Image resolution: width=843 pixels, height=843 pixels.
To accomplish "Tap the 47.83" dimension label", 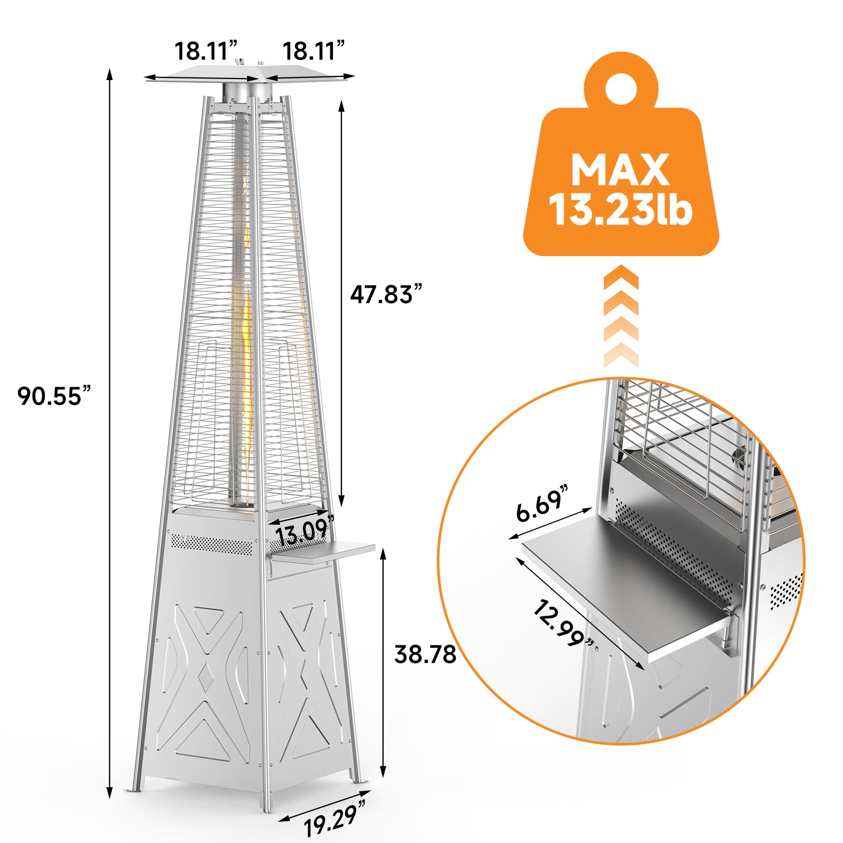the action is coord(387,294).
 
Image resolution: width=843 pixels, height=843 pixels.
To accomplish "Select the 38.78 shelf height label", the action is coord(425,654).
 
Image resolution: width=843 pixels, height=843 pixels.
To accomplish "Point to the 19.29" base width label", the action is coord(335,817).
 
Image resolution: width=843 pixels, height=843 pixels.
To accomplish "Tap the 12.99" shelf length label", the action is coord(564,624).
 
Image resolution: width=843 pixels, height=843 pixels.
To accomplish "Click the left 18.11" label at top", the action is coord(206,51).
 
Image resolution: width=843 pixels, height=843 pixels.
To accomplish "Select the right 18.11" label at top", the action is coord(313,51).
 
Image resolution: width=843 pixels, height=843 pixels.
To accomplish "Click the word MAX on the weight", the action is coord(620,170).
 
